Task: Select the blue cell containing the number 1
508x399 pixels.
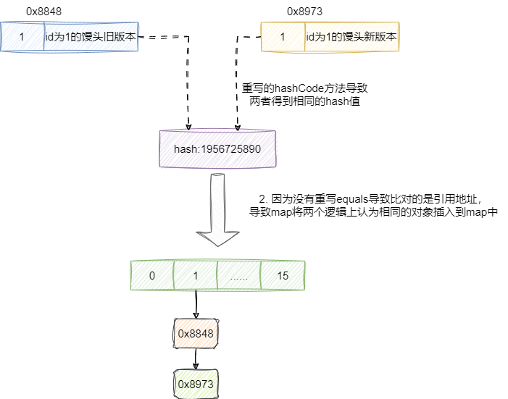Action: pos(22,36)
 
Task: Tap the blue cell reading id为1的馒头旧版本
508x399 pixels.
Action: pos(91,36)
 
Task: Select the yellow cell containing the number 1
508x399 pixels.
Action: pos(282,36)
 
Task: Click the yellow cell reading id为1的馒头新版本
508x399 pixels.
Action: pos(351,36)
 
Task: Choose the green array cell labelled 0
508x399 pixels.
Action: pos(152,276)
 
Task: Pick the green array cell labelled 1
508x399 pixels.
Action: pos(196,276)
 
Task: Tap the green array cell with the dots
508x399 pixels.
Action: pos(238,276)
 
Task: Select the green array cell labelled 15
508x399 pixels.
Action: pos(282,276)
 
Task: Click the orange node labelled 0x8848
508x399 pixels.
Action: pos(196,333)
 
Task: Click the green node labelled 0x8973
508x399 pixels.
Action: pos(196,383)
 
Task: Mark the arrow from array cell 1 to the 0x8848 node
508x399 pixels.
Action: pos(196,304)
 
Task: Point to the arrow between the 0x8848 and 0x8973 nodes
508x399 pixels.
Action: pos(196,358)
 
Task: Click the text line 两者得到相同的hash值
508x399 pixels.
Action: pos(305,102)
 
